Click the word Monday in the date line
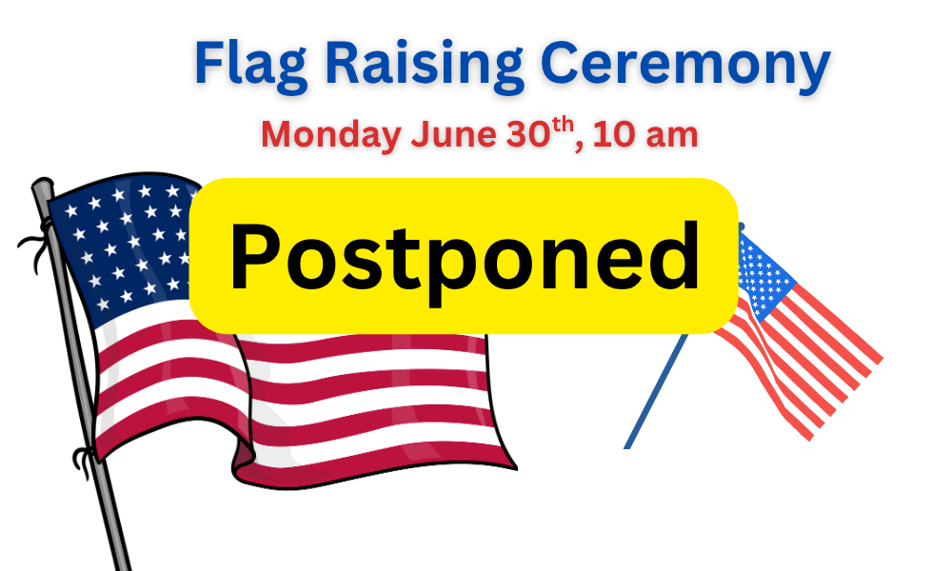(x=331, y=135)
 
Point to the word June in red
(x=453, y=135)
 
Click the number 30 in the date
(x=528, y=134)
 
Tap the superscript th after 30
(x=563, y=125)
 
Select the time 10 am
(x=645, y=135)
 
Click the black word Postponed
(x=465, y=258)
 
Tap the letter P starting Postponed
(x=254, y=256)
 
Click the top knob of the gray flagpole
(x=43, y=186)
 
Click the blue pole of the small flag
(x=657, y=391)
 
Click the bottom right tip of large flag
(x=516, y=468)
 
